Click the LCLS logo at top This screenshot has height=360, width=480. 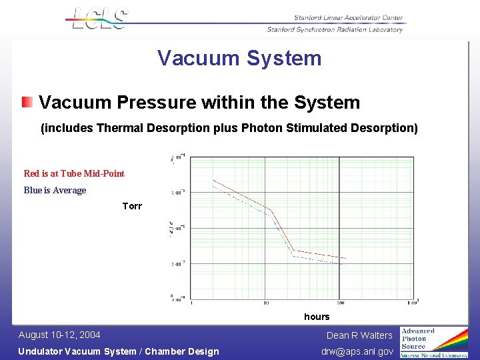click(x=99, y=19)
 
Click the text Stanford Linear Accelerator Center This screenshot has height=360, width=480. click(x=349, y=18)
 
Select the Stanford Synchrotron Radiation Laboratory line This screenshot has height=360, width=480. click(x=335, y=29)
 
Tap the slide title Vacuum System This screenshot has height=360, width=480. click(x=239, y=58)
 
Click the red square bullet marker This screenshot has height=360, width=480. click(x=26, y=103)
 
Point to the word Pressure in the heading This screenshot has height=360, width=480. click(x=153, y=103)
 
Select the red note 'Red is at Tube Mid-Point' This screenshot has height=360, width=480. click(x=74, y=173)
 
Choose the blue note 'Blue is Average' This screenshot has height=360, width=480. click(x=55, y=190)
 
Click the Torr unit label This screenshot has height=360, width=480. click(x=132, y=206)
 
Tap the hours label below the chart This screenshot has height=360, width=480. click(x=317, y=316)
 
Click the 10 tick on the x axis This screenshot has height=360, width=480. click(x=265, y=303)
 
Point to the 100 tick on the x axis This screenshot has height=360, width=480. click(x=340, y=303)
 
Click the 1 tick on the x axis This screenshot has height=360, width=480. click(x=192, y=303)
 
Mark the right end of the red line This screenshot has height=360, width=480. click(x=345, y=258)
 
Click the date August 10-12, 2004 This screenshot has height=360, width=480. click(x=59, y=335)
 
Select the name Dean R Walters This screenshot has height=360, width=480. click(x=359, y=335)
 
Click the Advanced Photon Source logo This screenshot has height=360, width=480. click(x=433, y=342)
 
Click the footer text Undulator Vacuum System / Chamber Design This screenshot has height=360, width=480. click(x=118, y=351)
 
